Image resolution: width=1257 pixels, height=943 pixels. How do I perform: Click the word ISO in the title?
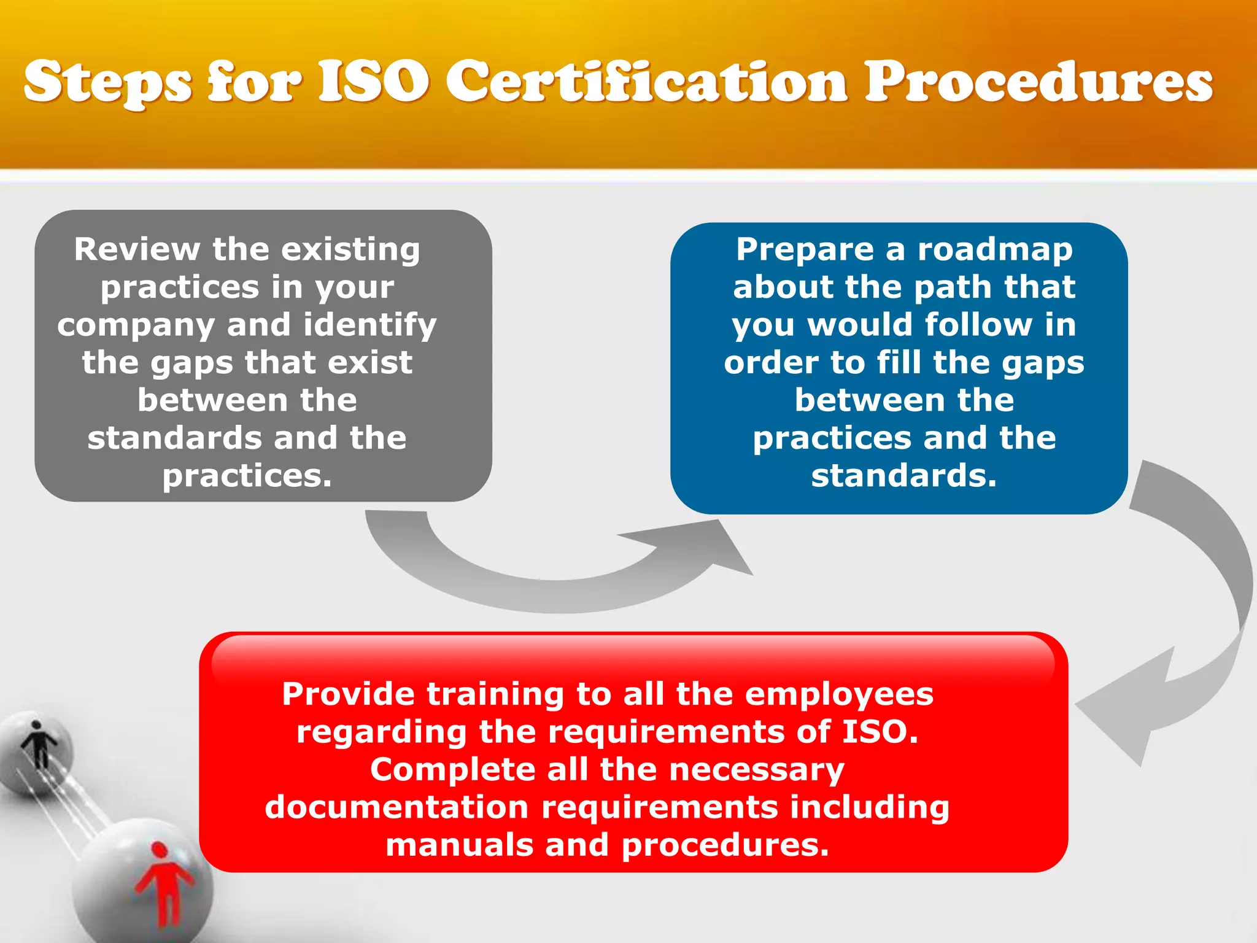pyautogui.click(x=374, y=82)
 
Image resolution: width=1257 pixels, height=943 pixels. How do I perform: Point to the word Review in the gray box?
pyautogui.click(x=137, y=249)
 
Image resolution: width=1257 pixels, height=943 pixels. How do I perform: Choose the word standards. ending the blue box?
pyautogui.click(x=904, y=476)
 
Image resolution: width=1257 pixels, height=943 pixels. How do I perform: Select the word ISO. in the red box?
pyautogui.click(x=880, y=732)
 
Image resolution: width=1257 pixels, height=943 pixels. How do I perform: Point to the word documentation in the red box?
pyautogui.click(x=396, y=807)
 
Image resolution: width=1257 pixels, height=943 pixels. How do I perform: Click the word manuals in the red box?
pyautogui.click(x=459, y=845)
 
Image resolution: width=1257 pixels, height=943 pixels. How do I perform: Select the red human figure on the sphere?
pyautogui.click(x=163, y=884)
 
